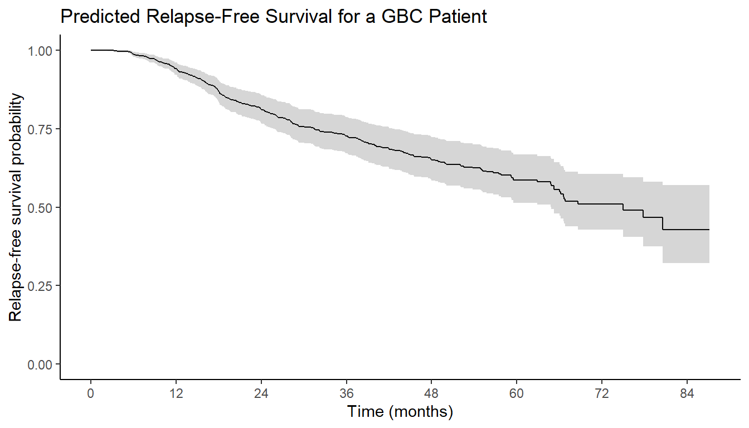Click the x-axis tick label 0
tap(90, 393)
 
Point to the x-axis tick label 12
tap(176, 393)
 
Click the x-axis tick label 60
tap(517, 393)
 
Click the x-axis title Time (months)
tap(400, 412)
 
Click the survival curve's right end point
tap(709, 230)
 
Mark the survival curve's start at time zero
tap(91, 50)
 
